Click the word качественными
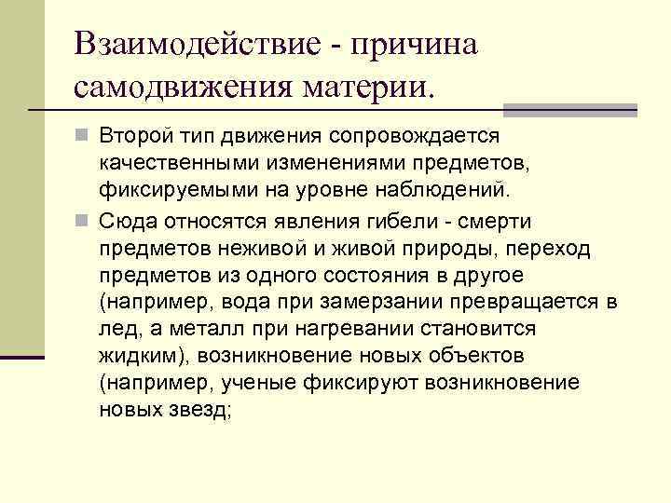coord(171,164)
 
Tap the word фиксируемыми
coord(167,191)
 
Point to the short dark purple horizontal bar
coord(22,356)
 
